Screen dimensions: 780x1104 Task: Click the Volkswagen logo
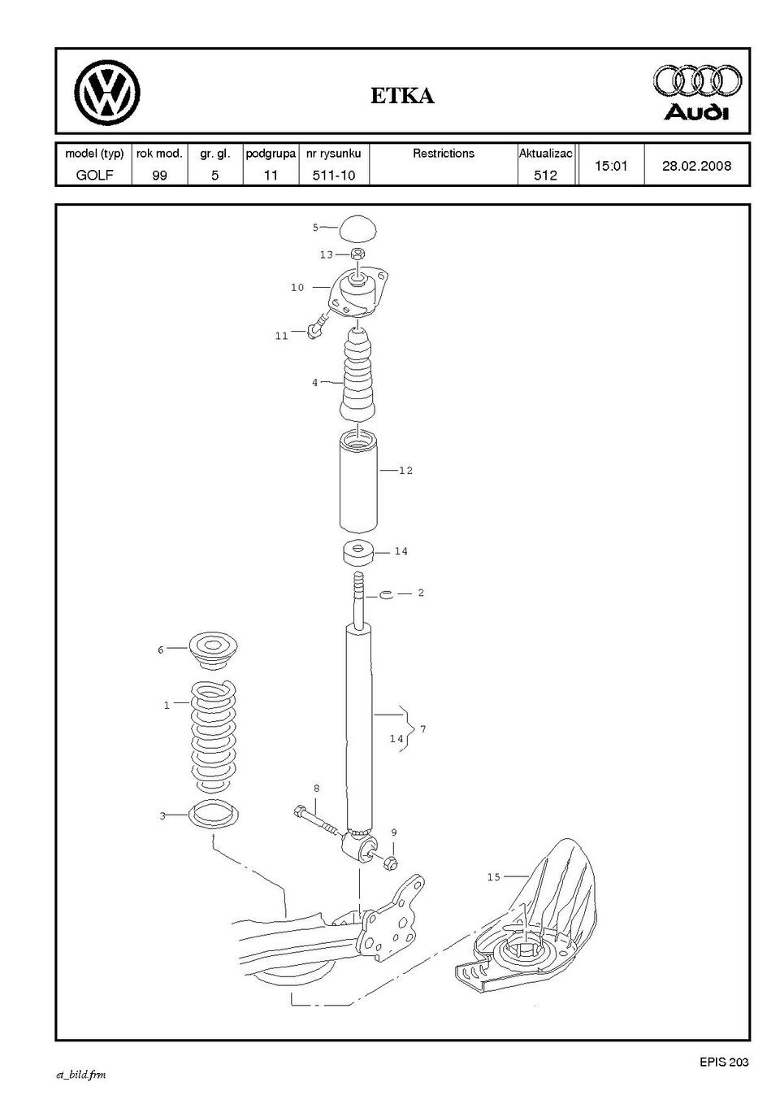(107, 92)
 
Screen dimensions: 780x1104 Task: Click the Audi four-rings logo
(697, 81)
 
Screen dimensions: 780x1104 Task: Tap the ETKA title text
(402, 96)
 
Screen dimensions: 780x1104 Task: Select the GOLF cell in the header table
(94, 175)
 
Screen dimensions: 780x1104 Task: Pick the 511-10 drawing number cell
(334, 175)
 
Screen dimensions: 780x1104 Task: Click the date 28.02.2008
(696, 166)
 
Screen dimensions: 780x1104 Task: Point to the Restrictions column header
(443, 154)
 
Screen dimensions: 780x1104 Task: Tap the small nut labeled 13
(358, 254)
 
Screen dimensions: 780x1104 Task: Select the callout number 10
(297, 287)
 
